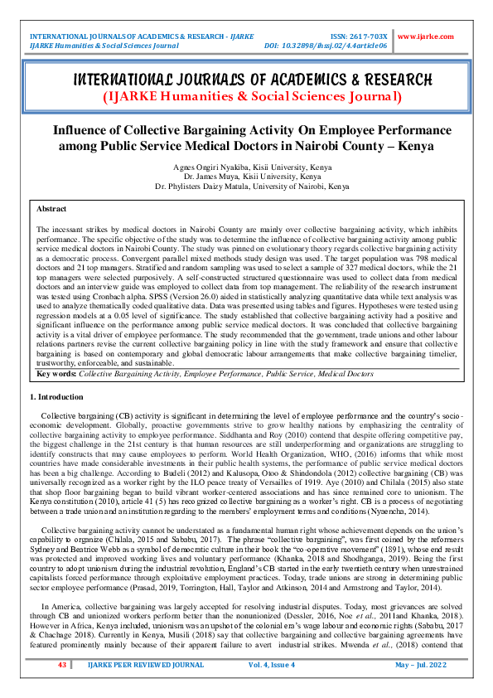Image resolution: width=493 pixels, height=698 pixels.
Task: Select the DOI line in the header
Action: tap(326, 46)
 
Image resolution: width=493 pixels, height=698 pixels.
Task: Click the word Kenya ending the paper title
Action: tap(421, 147)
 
